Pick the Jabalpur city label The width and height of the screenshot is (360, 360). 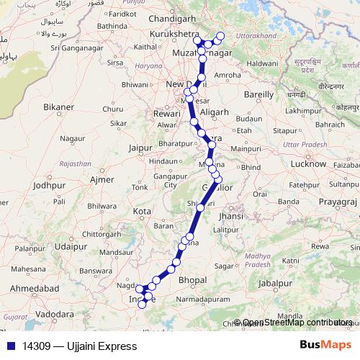(277, 283)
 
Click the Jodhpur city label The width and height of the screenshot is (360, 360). (49, 185)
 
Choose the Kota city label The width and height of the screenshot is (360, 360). (142, 211)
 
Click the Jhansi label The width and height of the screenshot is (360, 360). (230, 215)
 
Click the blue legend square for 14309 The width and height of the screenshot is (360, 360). (10, 346)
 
